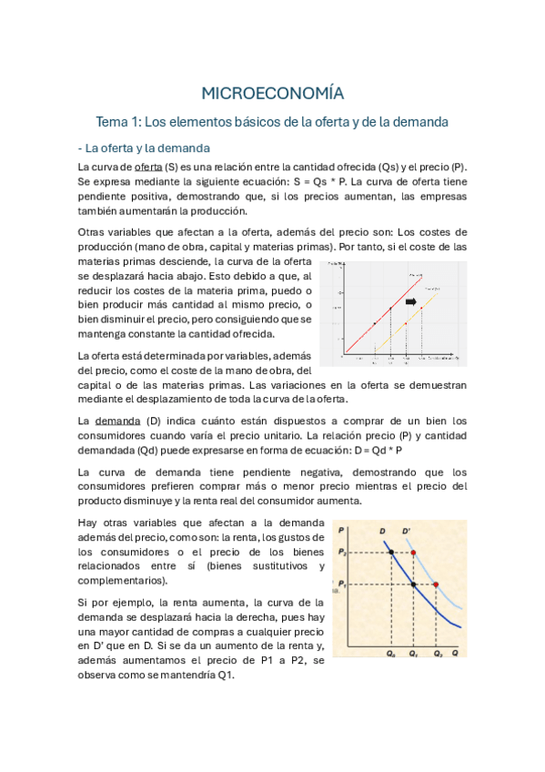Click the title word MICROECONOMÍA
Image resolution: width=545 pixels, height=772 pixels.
(x=272, y=92)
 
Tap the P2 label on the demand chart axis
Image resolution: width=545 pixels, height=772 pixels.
(x=342, y=553)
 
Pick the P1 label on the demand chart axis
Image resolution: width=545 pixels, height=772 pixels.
(x=342, y=584)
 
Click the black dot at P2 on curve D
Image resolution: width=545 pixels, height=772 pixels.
(x=390, y=553)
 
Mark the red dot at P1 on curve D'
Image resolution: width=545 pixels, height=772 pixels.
(x=438, y=584)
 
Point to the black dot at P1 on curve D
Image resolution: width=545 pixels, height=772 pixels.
(x=414, y=584)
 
